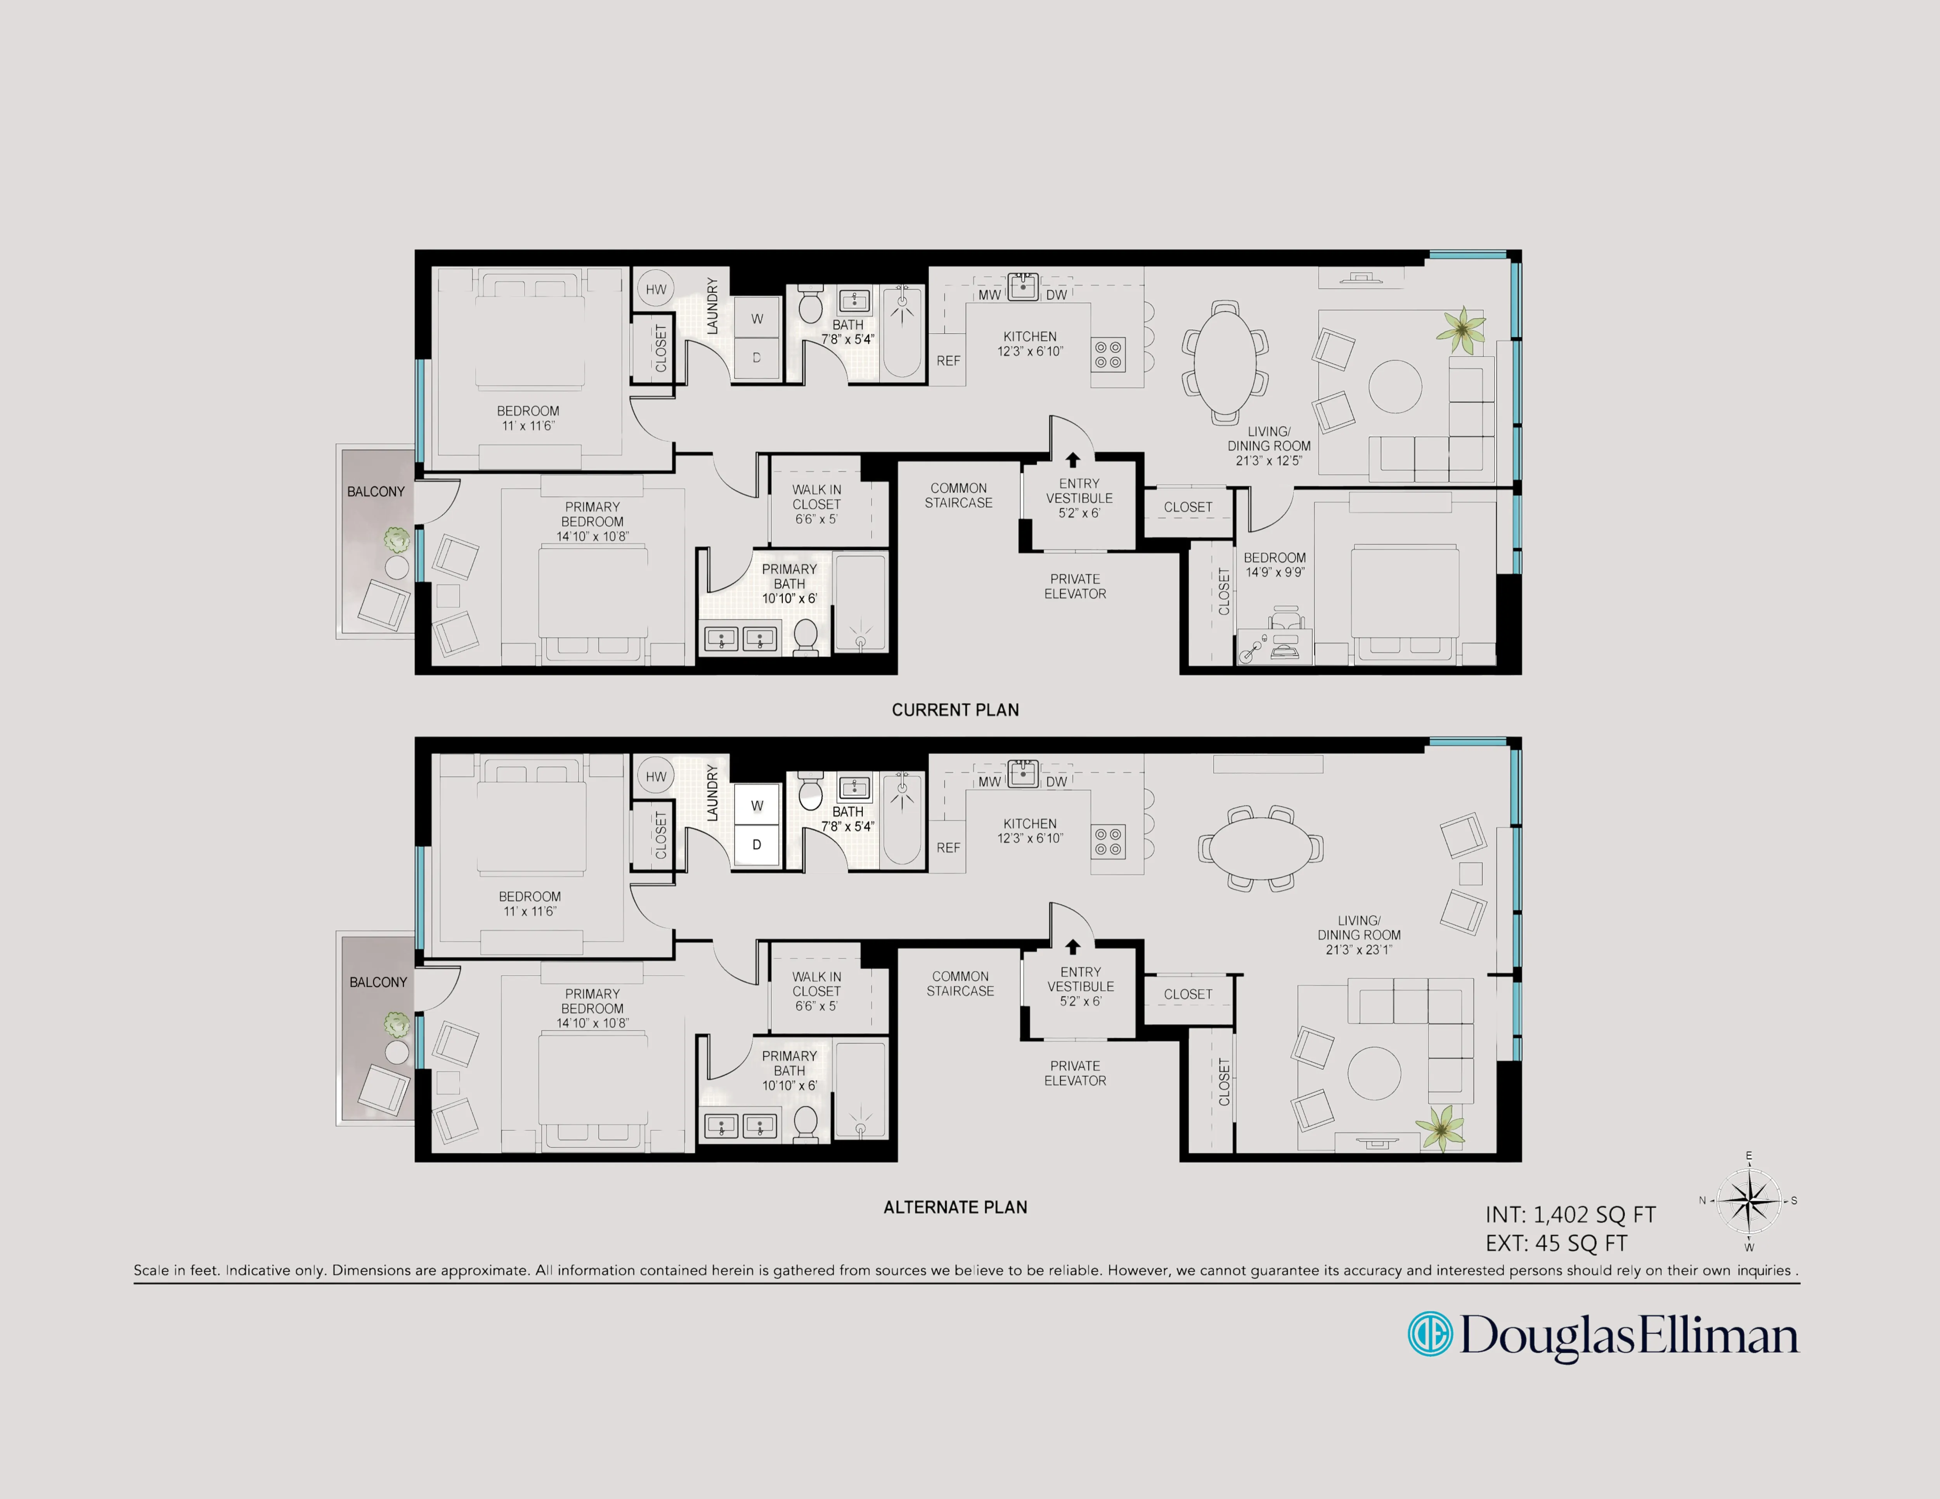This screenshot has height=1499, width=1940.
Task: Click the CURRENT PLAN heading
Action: click(955, 710)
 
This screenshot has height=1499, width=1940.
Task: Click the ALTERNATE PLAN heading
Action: click(955, 1207)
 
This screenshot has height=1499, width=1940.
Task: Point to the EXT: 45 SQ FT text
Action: click(1556, 1243)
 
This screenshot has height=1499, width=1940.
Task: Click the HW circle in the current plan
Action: click(656, 289)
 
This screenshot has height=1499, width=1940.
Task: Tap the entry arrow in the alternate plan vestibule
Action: click(1072, 947)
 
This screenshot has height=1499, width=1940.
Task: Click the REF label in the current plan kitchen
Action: click(948, 360)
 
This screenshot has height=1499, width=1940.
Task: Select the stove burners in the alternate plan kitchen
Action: click(1108, 842)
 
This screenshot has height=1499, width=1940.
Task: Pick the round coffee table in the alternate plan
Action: click(1374, 1073)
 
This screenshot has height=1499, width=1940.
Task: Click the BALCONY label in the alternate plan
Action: click(378, 982)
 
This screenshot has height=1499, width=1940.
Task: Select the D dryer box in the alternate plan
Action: click(757, 845)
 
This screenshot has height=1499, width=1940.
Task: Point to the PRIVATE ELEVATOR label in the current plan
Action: click(1075, 586)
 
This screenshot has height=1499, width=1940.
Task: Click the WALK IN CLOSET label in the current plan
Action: click(816, 504)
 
